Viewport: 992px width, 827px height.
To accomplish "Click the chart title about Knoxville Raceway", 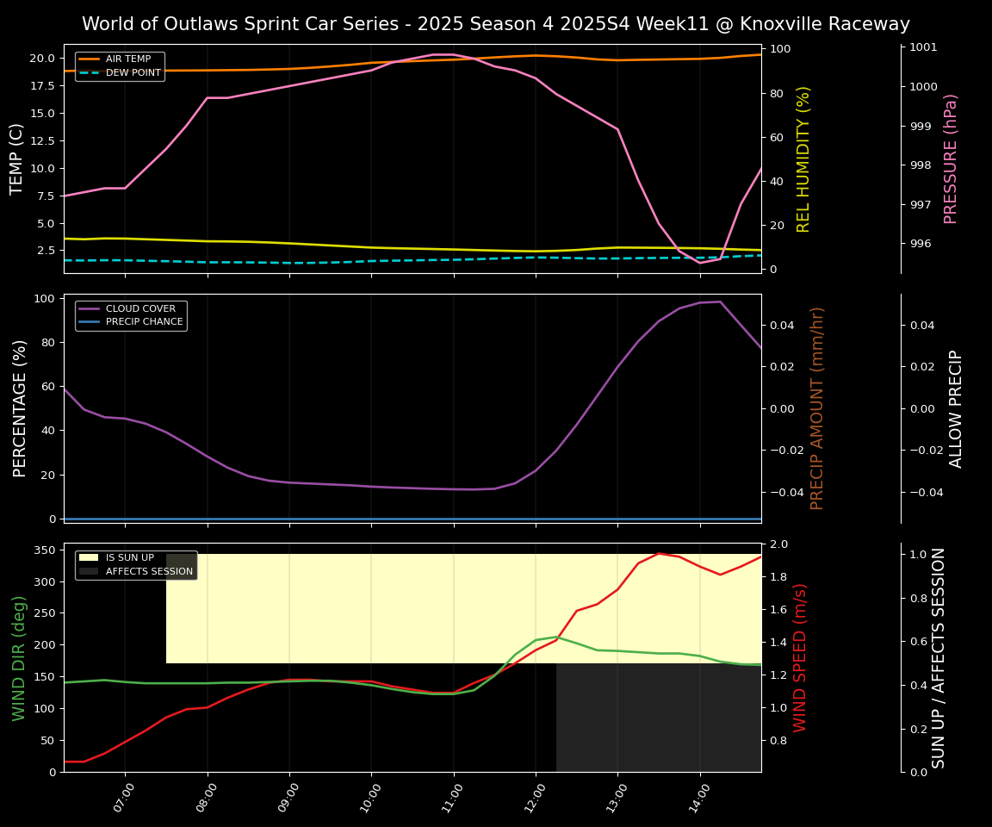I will tap(495, 24).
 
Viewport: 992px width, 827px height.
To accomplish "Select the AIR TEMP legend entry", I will tap(127, 59).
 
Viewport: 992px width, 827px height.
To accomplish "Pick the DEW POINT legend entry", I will tap(133, 73).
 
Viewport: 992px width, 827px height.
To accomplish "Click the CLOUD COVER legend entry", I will tap(140, 308).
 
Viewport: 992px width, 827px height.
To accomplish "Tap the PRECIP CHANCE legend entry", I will tap(144, 322).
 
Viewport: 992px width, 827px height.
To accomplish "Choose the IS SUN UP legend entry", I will tap(129, 557).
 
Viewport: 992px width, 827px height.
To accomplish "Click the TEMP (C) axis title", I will tap(17, 159).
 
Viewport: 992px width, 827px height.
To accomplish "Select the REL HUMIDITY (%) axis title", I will tap(804, 159).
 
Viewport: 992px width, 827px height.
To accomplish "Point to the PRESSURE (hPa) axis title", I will tap(951, 159).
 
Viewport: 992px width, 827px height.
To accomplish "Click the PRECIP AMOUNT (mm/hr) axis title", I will tap(817, 407).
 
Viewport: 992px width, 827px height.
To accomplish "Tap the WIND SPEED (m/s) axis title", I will tap(800, 657).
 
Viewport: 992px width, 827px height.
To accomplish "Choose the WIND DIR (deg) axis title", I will tap(19, 657).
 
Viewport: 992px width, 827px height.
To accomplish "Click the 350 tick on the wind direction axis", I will tap(44, 550).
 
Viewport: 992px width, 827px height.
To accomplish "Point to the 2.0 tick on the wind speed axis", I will tap(778, 544).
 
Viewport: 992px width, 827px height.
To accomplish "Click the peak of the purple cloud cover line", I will tap(720, 302).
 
